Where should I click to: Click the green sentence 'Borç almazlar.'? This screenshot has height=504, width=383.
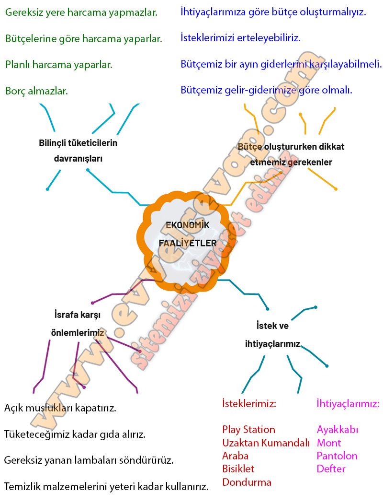coord(37,90)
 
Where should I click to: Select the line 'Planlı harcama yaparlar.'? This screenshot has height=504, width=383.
coord(59,64)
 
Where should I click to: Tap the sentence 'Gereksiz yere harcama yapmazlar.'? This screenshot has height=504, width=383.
coord(81,12)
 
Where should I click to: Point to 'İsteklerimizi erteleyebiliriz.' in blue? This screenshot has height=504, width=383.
coord(241,38)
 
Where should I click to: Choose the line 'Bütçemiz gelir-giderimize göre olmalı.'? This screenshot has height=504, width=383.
coord(266,90)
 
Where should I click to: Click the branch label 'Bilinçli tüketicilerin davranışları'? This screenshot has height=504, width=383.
coord(78,151)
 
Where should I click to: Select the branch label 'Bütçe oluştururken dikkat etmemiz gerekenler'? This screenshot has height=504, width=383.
coord(291,154)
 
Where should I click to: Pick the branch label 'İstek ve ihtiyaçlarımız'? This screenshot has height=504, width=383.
coord(272,335)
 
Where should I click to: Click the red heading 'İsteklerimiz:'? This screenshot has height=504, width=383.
coord(249,404)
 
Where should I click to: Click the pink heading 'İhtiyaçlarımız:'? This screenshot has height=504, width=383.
coord(348,404)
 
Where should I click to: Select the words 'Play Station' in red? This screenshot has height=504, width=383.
coord(248,429)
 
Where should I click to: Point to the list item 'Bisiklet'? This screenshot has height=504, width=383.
coord(238,469)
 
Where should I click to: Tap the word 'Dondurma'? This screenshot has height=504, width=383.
coord(247,482)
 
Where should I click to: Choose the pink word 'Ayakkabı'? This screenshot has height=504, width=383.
coord(338,429)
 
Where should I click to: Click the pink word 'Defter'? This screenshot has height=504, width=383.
coord(331,469)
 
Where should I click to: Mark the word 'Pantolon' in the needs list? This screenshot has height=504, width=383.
coord(337,456)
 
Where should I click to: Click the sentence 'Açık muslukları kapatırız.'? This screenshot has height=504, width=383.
coord(60,409)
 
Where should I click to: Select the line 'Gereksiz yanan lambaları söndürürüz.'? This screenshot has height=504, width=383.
coord(89,460)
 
